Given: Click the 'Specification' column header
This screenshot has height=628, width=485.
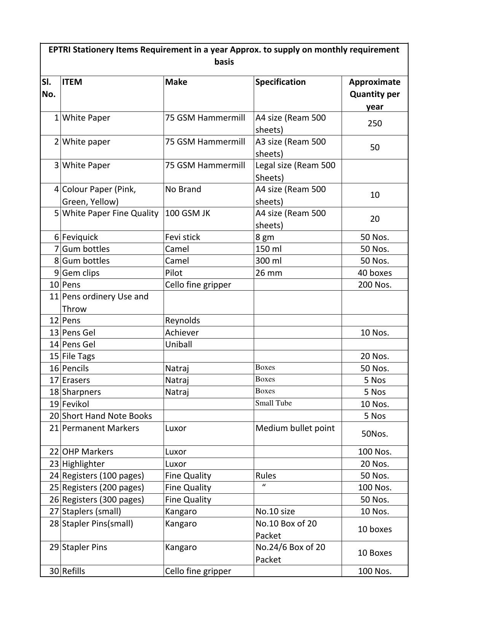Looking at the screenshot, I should [x=280, y=82].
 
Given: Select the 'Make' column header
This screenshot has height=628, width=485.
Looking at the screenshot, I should [x=176, y=82].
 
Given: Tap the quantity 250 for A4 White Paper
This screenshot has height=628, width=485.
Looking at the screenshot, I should [x=375, y=124].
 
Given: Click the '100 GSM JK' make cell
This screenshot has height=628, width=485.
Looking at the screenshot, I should [x=188, y=213].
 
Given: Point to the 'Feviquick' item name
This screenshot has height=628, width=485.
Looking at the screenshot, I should [x=80, y=237].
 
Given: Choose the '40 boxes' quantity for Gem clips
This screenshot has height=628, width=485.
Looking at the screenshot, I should [x=375, y=273].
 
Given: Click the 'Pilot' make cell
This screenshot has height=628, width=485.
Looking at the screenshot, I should [x=174, y=273].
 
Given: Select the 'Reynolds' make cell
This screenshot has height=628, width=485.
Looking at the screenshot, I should [x=183, y=321].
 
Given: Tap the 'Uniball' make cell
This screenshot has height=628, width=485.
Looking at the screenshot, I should [x=178, y=345].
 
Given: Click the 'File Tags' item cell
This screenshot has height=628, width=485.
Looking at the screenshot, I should [x=78, y=356].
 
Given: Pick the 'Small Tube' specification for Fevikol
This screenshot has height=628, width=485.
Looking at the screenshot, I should [x=274, y=403].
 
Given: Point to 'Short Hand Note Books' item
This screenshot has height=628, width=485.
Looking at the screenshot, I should [x=107, y=416].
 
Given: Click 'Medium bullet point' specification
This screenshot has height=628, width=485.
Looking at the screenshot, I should [x=295, y=428].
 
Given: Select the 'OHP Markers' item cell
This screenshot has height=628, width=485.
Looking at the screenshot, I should [x=87, y=452].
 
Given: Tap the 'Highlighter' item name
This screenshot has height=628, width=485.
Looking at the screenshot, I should [x=83, y=464].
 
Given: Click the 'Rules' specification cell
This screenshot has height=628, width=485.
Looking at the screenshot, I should [x=266, y=476].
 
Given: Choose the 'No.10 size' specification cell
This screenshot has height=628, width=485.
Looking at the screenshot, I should [x=275, y=512].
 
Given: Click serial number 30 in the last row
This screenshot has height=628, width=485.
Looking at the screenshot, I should [x=54, y=571].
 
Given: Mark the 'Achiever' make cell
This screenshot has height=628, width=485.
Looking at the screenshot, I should [x=182, y=333].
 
